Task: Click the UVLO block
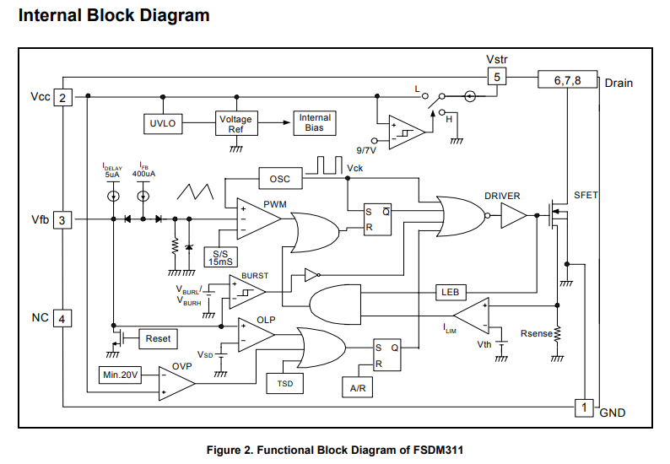pyautogui.click(x=162, y=123)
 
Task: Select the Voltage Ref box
pyautogui.click(x=235, y=123)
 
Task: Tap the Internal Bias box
pyautogui.click(x=314, y=122)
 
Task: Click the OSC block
pyautogui.click(x=279, y=179)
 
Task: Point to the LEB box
pyautogui.click(x=449, y=292)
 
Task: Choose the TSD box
pyautogui.click(x=284, y=383)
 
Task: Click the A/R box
pyautogui.click(x=357, y=388)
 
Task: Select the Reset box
pyautogui.click(x=157, y=338)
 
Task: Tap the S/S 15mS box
pyautogui.click(x=222, y=256)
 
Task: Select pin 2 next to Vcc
pyautogui.click(x=62, y=98)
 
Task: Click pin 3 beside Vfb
pyautogui.click(x=62, y=220)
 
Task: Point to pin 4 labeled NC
pyautogui.click(x=62, y=318)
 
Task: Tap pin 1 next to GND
pyautogui.click(x=583, y=407)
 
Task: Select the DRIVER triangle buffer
pyautogui.click(x=512, y=217)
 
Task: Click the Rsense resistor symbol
pyautogui.click(x=556, y=335)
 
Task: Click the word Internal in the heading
pyautogui.click(x=50, y=16)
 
